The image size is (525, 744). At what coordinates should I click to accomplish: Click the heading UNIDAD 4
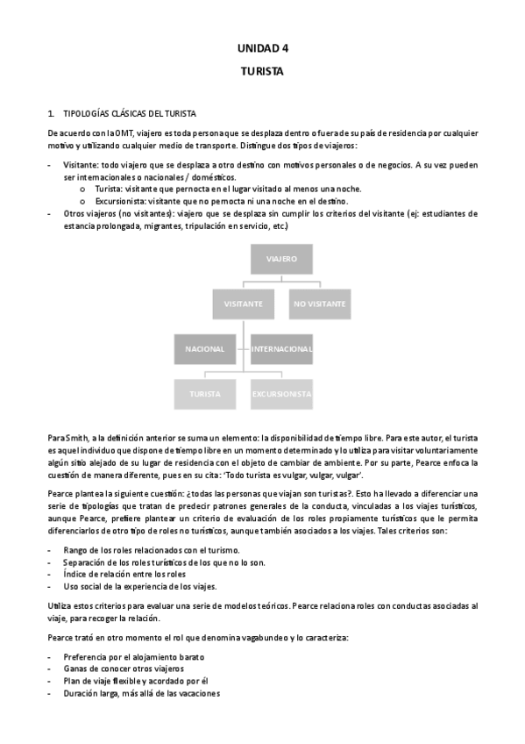click(262, 49)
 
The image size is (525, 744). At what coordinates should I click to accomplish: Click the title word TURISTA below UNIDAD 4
click(262, 72)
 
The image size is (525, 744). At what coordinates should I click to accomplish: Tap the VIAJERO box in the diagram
click(281, 260)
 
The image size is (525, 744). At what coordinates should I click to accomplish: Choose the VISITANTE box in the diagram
click(243, 304)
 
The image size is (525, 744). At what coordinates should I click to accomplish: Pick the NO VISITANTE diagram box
click(319, 304)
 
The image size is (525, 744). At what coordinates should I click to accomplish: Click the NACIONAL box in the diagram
click(204, 348)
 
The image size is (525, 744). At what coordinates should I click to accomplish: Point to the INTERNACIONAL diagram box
click(281, 348)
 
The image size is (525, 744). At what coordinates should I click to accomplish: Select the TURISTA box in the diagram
click(204, 394)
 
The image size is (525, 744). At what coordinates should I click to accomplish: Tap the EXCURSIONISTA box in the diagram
click(281, 394)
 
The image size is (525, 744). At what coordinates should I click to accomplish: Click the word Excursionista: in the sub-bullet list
click(123, 201)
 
